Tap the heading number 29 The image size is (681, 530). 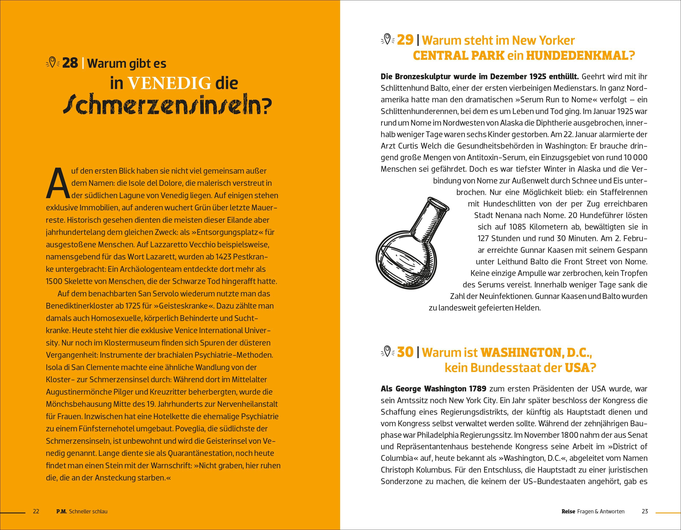(405, 40)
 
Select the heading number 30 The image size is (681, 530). (405, 352)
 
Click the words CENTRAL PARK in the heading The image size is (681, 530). (458, 56)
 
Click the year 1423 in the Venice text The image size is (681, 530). (221, 257)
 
